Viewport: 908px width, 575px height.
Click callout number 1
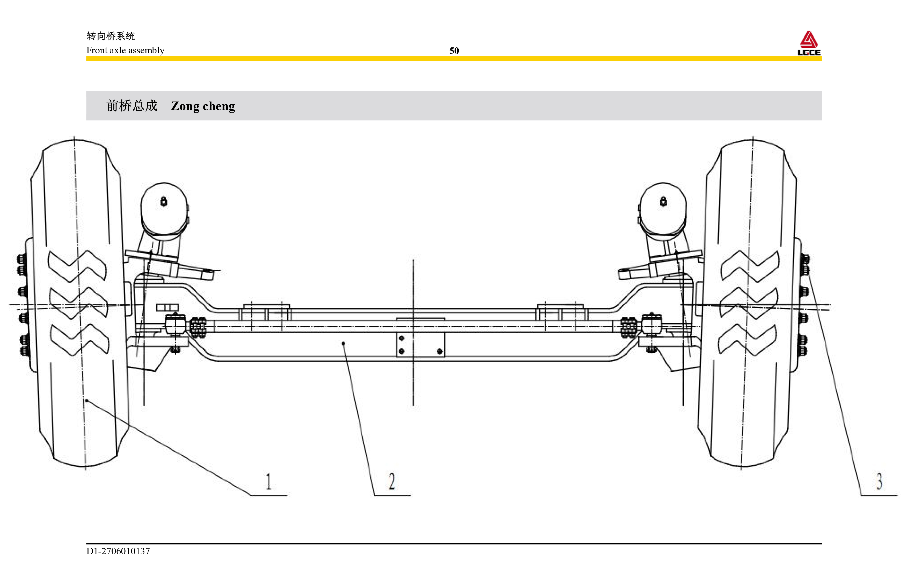[x=268, y=481]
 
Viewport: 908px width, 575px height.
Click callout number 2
[x=392, y=481]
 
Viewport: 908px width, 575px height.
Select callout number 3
[x=879, y=481]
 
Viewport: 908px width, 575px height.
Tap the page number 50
[x=454, y=51]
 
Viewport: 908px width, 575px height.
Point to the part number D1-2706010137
[x=118, y=551]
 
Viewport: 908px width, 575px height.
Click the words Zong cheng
[x=203, y=106]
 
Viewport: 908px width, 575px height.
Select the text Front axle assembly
[x=125, y=50]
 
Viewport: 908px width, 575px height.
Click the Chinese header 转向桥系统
[x=111, y=36]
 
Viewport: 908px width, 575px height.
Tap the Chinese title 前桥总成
[x=131, y=106]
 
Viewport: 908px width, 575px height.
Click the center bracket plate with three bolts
[x=420, y=344]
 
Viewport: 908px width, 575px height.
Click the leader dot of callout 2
[x=343, y=343]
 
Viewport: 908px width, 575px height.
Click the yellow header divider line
[x=454, y=59]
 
